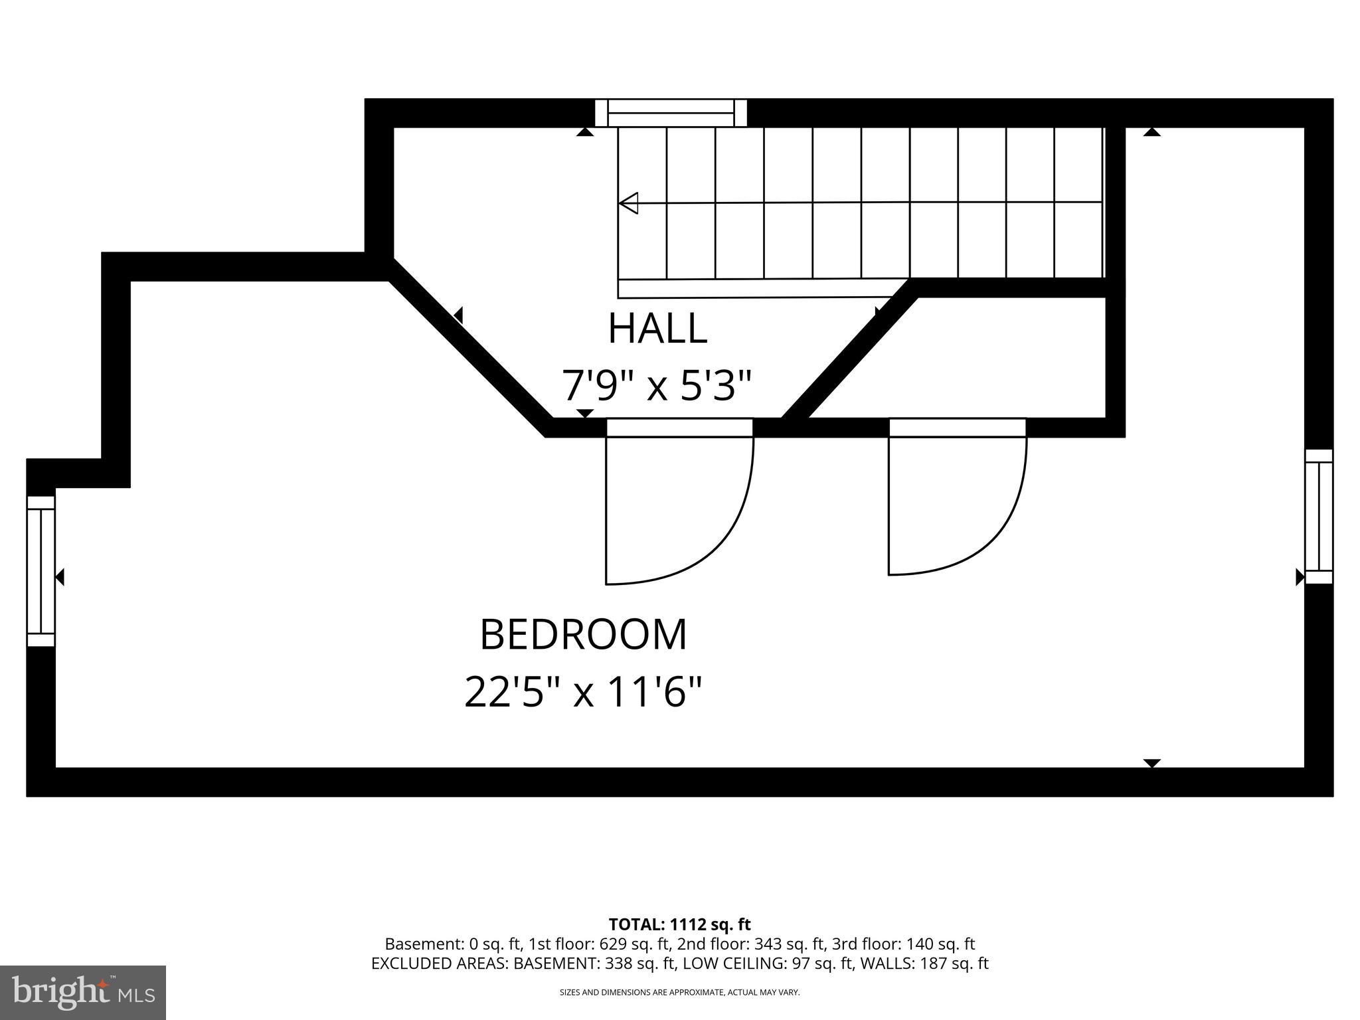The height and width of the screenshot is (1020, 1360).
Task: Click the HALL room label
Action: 657,328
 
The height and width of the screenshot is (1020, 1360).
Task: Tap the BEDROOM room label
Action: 583,635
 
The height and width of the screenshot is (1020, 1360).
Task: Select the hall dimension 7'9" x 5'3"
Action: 657,386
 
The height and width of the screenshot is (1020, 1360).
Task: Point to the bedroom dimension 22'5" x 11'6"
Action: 583,693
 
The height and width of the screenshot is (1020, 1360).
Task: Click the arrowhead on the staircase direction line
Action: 628,203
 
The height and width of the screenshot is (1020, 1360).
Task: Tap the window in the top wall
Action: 671,113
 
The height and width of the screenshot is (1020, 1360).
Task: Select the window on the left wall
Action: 41,571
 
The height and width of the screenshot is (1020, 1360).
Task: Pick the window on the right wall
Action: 1319,517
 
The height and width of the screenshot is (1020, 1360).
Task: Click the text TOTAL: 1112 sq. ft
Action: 679,924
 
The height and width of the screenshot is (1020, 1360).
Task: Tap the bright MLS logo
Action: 83,993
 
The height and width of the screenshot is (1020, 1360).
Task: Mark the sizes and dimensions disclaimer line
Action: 679,992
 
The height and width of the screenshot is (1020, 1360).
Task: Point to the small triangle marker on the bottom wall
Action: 1152,763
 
